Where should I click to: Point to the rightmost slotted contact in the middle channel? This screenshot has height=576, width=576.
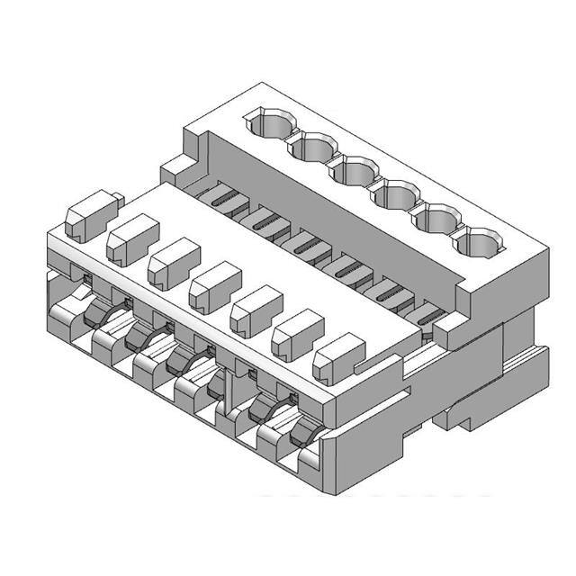428,315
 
